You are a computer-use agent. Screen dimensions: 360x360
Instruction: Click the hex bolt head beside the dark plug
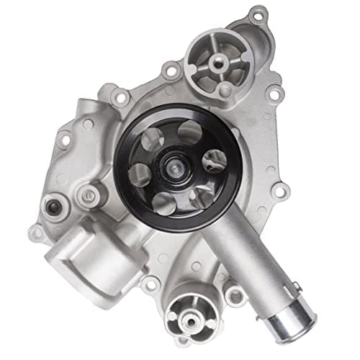tap(89, 192)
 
